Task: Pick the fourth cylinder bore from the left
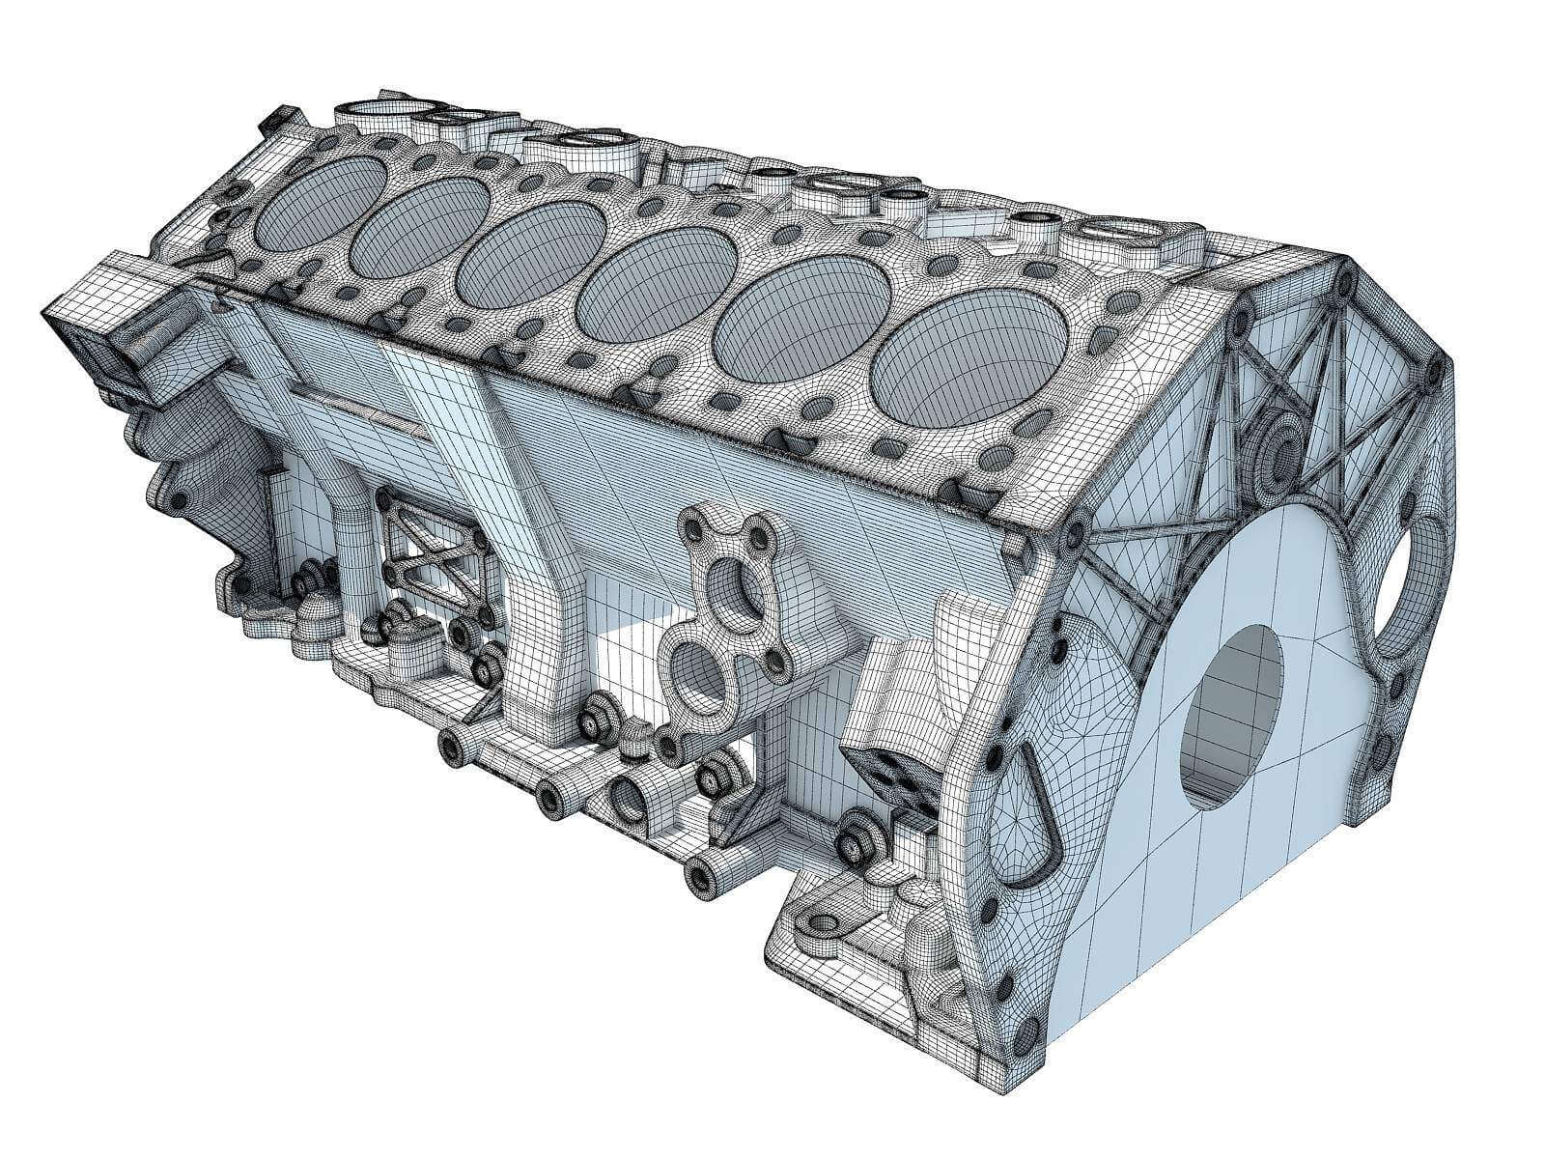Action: click(659, 278)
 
